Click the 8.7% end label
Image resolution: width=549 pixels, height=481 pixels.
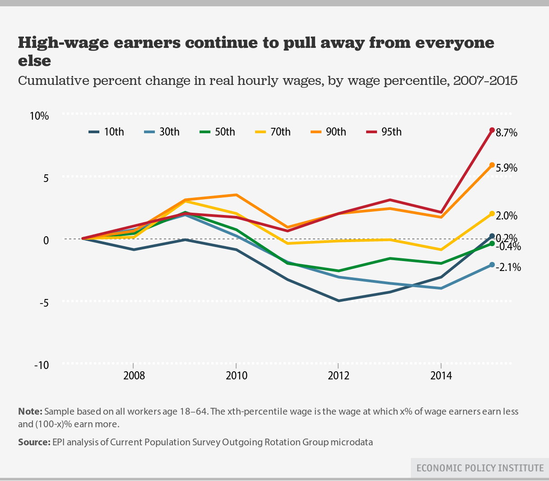pos(506,133)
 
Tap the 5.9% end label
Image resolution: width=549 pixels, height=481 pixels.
pos(506,168)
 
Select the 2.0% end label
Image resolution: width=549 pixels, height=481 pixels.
pos(506,216)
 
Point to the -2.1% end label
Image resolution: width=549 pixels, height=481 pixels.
pos(508,267)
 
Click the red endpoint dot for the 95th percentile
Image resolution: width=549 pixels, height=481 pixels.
pos(492,130)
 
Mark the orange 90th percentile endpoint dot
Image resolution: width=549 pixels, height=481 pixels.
pos(492,165)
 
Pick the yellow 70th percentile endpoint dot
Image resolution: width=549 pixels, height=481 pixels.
pos(492,214)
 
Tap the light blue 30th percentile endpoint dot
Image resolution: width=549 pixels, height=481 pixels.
pos(492,265)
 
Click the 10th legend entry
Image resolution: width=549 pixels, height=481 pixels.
pos(106,132)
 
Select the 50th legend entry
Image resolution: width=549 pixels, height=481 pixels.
pos(217,132)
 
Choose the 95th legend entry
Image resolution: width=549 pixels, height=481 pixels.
pos(383,132)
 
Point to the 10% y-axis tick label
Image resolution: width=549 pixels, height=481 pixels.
pos(39,116)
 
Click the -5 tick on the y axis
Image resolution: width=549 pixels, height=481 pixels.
pos(44,303)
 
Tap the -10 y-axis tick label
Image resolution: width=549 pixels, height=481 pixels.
pos(42,365)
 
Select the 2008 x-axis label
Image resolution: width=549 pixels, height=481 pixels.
pos(134,376)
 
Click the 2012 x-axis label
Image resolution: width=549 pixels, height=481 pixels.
pos(339,376)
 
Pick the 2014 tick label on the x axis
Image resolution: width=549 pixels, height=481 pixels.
pos(441,376)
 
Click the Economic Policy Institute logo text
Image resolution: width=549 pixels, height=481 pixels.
pos(480,468)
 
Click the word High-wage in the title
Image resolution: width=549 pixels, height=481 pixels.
pos(61,43)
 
